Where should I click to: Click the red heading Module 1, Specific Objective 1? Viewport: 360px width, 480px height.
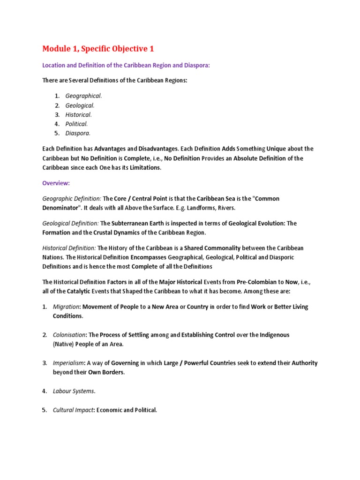tap(98, 49)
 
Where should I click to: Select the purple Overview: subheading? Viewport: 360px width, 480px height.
tap(56, 183)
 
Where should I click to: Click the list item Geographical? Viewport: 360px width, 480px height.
tap(83, 96)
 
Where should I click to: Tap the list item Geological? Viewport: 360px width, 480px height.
tap(80, 105)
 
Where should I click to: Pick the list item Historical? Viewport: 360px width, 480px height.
tap(78, 114)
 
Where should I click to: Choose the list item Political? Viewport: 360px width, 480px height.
tap(76, 124)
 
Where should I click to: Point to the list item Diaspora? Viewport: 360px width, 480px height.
tap(78, 133)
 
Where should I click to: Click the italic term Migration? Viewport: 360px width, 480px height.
tap(66, 307)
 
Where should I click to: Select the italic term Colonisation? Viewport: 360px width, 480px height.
tap(69, 335)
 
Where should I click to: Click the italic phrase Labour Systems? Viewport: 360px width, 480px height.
tap(74, 391)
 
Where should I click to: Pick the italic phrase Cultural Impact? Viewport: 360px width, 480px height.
tap(73, 410)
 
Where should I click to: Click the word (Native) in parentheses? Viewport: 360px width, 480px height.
tap(64, 345)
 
